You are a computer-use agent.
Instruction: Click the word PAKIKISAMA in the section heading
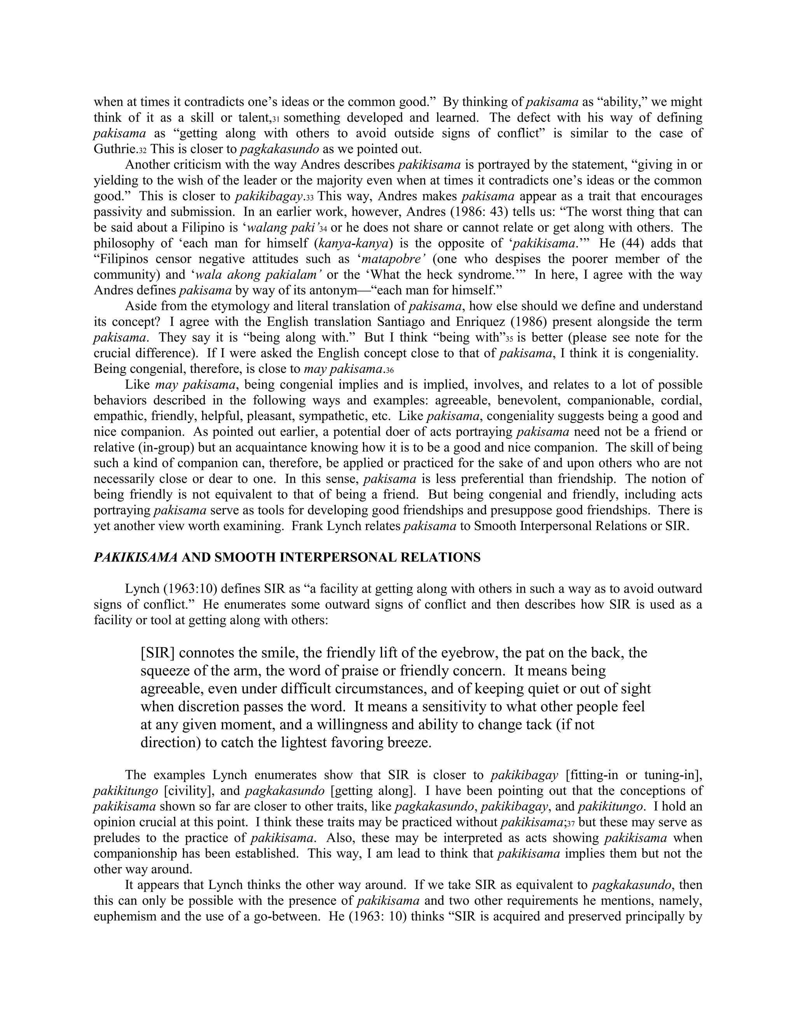pyautogui.click(x=135, y=557)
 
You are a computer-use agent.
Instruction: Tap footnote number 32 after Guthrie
pyautogui.click(x=142, y=150)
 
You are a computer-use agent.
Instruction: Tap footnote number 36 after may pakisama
pyautogui.click(x=389, y=370)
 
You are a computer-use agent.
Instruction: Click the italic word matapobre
pyautogui.click(x=392, y=259)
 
